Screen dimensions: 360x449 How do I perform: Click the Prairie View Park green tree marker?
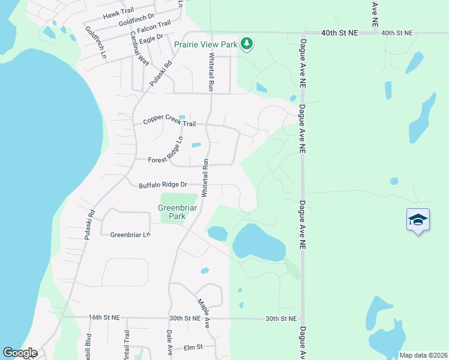tap(246, 44)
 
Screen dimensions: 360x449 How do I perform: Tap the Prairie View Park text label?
tap(205, 44)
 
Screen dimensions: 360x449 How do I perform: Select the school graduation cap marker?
tap(418, 220)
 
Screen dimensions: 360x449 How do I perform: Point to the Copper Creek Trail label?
tap(169, 123)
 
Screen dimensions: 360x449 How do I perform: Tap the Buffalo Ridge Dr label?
tap(163, 185)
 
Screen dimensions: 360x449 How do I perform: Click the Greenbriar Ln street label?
tap(130, 235)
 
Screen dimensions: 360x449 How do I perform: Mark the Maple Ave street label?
tap(203, 308)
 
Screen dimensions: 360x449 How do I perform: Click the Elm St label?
tap(193, 347)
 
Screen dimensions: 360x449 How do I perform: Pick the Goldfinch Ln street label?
tap(95, 42)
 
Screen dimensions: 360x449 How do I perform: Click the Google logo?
tap(20, 353)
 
